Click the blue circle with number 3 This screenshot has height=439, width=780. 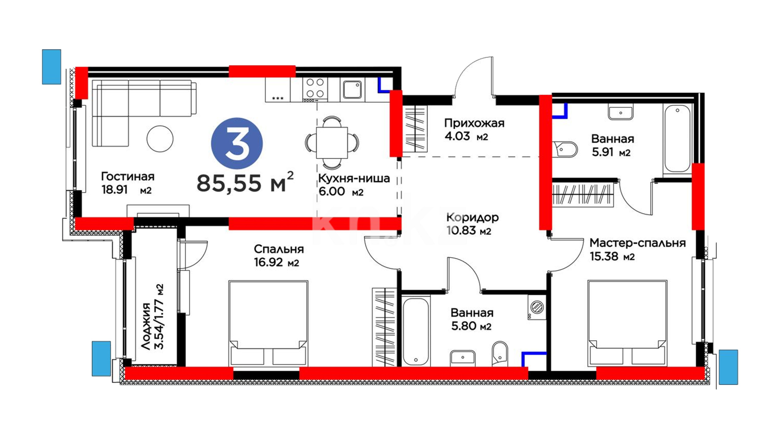click(x=237, y=143)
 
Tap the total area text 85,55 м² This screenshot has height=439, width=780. click(x=245, y=182)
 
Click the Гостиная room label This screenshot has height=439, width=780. click(x=128, y=176)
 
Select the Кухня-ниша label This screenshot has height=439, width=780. click(x=354, y=178)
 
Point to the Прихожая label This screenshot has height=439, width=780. click(x=474, y=123)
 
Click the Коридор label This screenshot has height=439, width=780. click(x=472, y=217)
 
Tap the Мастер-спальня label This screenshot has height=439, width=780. click(x=637, y=243)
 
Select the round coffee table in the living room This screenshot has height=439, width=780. click(x=160, y=139)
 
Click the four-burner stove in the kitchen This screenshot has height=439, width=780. click(x=315, y=89)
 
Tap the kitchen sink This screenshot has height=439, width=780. click(x=352, y=89)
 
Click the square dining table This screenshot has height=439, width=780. click(x=332, y=143)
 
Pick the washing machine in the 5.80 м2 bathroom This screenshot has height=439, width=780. click(x=537, y=307)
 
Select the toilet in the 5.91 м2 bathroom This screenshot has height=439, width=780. click(x=565, y=149)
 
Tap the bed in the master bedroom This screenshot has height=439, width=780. click(x=627, y=323)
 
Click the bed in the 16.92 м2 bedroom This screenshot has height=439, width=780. click(x=268, y=323)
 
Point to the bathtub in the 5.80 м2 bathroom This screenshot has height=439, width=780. click(x=416, y=331)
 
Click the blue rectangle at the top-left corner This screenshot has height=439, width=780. click(x=52, y=67)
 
